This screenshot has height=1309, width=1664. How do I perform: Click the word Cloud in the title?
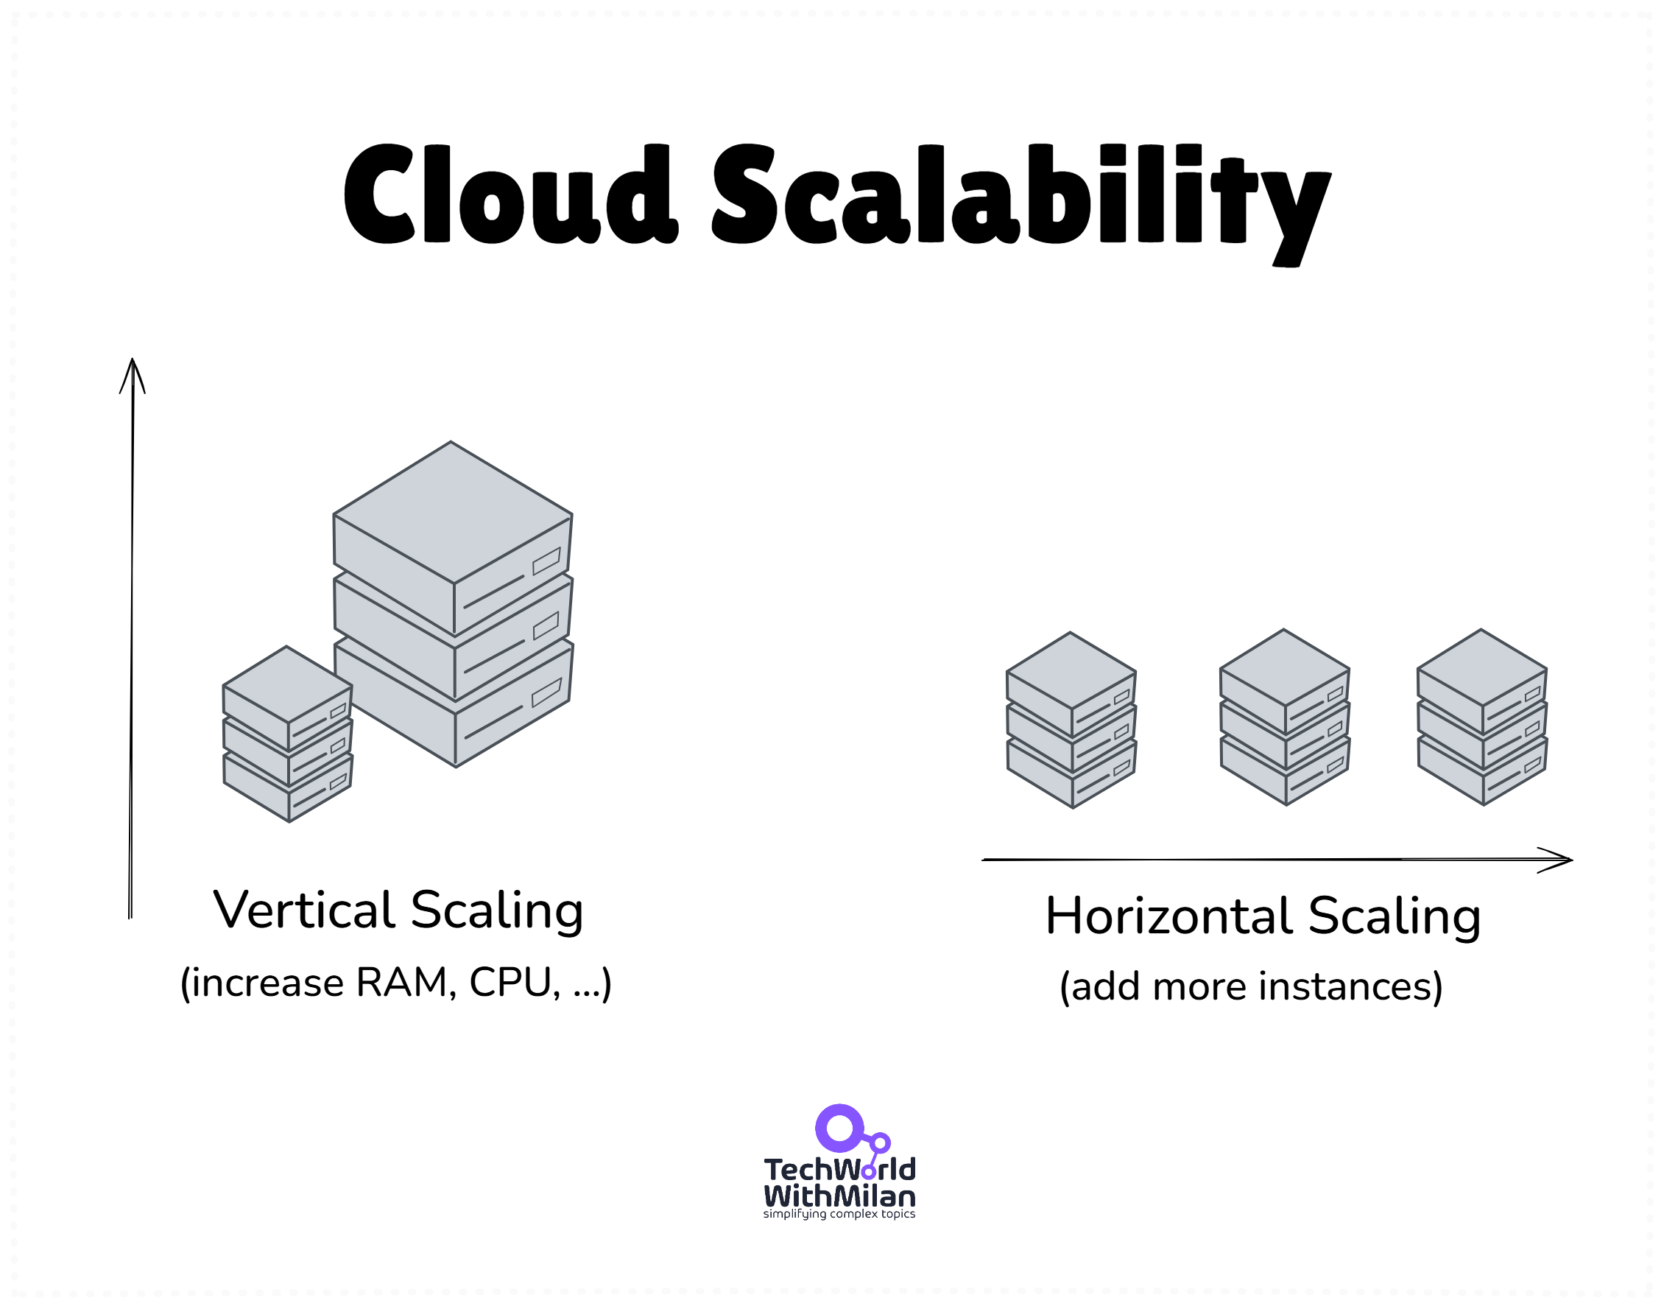coord(510,194)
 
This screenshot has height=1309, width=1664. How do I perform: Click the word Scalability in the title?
coord(1020,200)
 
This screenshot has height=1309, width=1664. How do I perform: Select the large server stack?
coord(454,606)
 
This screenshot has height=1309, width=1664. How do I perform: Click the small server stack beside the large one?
coord(287,734)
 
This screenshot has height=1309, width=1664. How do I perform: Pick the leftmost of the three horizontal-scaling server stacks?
coord(1071,720)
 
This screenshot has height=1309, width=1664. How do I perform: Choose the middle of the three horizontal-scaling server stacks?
coord(1284,717)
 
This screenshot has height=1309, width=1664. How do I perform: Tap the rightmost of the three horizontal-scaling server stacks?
coord(1481,717)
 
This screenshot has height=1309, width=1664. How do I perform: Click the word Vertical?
coord(304,910)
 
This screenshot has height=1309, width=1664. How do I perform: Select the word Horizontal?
coord(1170,916)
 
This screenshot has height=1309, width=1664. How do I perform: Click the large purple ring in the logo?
coord(839,1128)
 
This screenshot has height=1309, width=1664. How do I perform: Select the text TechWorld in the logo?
coord(839,1171)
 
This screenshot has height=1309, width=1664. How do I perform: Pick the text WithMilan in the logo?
coord(839,1196)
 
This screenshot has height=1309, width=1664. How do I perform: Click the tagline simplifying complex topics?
coord(839,1215)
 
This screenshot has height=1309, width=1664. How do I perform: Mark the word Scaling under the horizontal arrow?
coord(1395,916)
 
